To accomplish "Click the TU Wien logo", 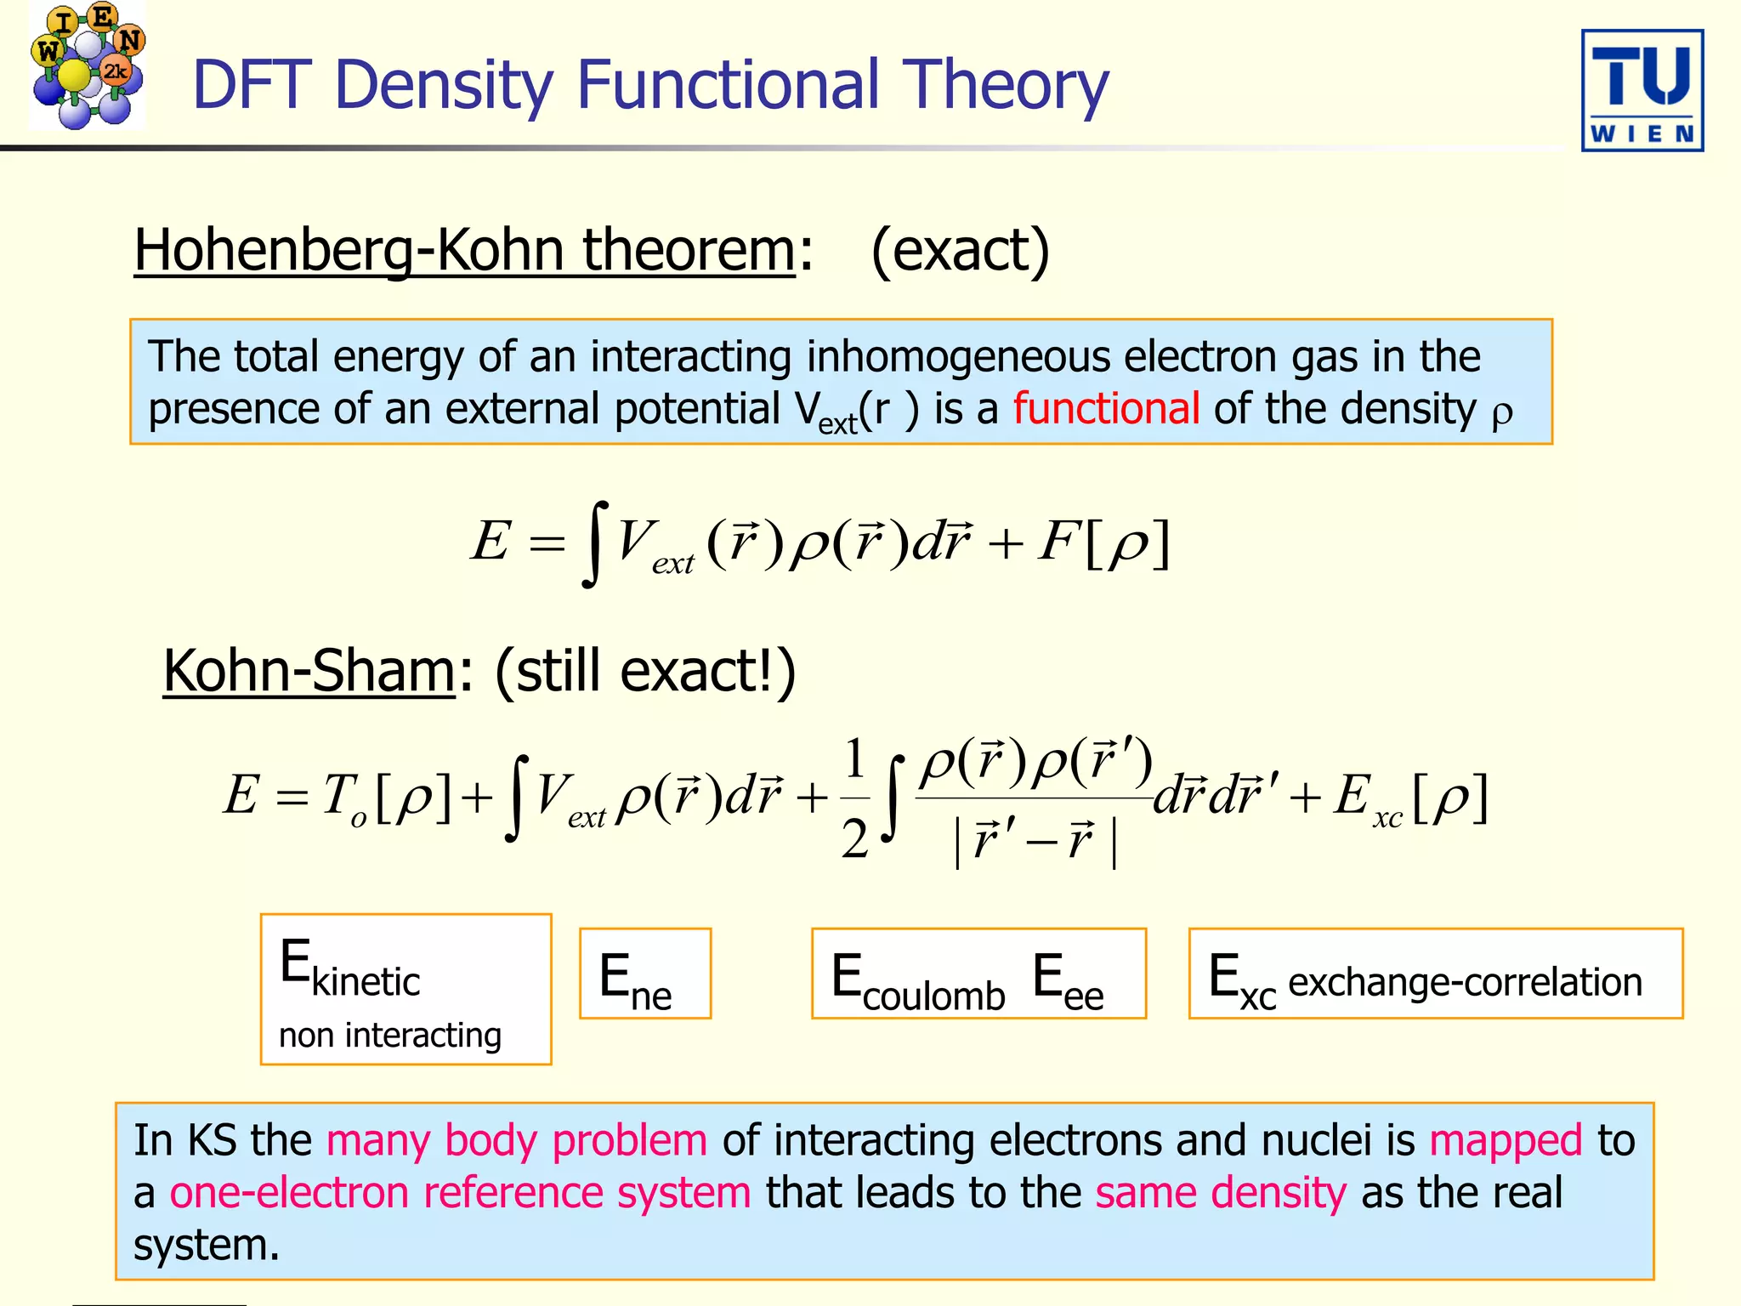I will (1642, 90).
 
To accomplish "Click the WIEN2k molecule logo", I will (87, 66).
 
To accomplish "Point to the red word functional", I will (1105, 408).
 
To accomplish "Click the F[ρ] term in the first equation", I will (1103, 542).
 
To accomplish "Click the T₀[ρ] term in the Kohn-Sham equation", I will (386, 798).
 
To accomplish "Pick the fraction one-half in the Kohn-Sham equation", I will (854, 798).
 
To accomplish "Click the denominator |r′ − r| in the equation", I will (1035, 841).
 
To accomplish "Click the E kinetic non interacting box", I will (405, 989).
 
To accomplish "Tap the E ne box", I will (644, 974).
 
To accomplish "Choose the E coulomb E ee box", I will (978, 974).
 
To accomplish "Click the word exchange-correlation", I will (1464, 982).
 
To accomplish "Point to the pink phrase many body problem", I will (516, 1140).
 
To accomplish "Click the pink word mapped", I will (1505, 1140).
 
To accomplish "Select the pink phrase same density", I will (1221, 1192).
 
